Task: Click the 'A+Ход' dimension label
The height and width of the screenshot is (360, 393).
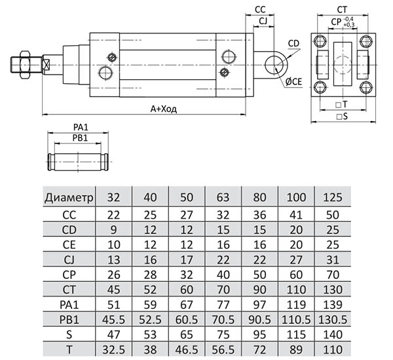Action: pyautogui.click(x=164, y=109)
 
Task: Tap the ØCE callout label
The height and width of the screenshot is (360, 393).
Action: pyautogui.click(x=293, y=81)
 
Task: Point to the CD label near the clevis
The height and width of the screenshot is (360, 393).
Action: pyautogui.click(x=293, y=44)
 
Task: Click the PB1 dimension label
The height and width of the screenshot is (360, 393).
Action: pyautogui.click(x=80, y=137)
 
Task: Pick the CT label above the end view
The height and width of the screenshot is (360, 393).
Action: pyautogui.click(x=342, y=10)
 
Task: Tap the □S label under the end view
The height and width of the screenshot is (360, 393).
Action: pyautogui.click(x=341, y=116)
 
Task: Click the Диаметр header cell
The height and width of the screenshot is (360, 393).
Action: pyautogui.click(x=70, y=197)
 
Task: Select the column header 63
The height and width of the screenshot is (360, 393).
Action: pyautogui.click(x=223, y=197)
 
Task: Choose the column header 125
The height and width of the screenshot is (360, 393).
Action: pyautogui.click(x=332, y=197)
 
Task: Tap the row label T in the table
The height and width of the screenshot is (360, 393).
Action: pyautogui.click(x=70, y=350)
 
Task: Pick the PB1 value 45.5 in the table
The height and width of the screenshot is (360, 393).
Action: pyautogui.click(x=114, y=320)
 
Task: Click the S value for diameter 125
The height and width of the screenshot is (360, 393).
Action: pyautogui.click(x=332, y=335)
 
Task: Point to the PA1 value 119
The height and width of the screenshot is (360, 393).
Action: pyautogui.click(x=296, y=304)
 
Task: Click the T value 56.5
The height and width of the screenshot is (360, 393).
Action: pyautogui.click(x=223, y=350)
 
